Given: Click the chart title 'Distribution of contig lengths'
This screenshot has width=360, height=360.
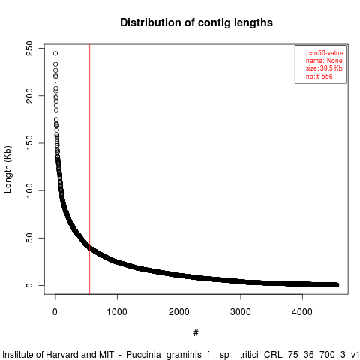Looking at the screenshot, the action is [196, 22].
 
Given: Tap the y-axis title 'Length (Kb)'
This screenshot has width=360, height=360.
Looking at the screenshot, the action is [7, 169].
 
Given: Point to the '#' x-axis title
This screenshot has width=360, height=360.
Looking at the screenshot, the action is [196, 332].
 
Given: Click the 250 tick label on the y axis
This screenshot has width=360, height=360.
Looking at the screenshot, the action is [29, 48].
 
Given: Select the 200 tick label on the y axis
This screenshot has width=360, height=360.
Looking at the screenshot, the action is [29, 95].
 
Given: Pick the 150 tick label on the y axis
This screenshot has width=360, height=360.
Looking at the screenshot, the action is [29, 143].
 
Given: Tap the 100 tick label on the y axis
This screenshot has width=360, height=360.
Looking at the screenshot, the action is [29, 190].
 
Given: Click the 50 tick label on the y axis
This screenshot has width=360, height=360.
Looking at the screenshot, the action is [29, 238].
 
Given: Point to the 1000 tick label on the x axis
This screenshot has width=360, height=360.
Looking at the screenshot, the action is [117, 312].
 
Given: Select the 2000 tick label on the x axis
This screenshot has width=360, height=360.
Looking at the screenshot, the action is [178, 312].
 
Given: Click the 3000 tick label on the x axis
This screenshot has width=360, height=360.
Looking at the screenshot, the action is [241, 312].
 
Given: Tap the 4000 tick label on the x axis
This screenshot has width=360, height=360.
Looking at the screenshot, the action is [302, 312].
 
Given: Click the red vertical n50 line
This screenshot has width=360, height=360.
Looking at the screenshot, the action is [89, 169].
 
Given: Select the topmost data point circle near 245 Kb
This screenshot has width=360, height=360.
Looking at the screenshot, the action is [55, 53].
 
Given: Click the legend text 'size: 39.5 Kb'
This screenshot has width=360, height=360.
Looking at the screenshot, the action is [324, 68].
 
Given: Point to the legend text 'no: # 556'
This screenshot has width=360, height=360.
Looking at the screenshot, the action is [319, 76].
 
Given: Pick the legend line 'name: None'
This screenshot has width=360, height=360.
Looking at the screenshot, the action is [324, 61].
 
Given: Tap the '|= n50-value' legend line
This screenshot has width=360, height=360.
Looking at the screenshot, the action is [325, 53].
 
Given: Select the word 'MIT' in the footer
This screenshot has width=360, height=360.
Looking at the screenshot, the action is [106, 355].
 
